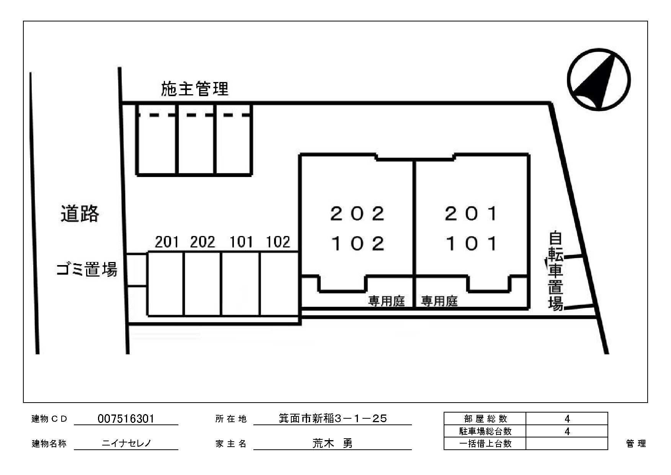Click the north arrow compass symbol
599,80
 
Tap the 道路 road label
80,213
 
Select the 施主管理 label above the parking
194,89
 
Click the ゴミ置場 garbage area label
87,270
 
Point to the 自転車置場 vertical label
555,270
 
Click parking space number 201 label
167,242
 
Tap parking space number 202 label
203,242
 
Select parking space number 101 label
241,242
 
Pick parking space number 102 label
278,242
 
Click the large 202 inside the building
357,213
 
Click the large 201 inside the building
471,213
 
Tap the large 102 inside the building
357,243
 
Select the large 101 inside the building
471,243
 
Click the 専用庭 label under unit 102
387,301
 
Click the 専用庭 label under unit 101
439,301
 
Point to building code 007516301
126,419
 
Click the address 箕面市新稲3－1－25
333,419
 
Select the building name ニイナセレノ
126,444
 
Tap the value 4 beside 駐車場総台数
567,431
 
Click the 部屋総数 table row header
485,419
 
